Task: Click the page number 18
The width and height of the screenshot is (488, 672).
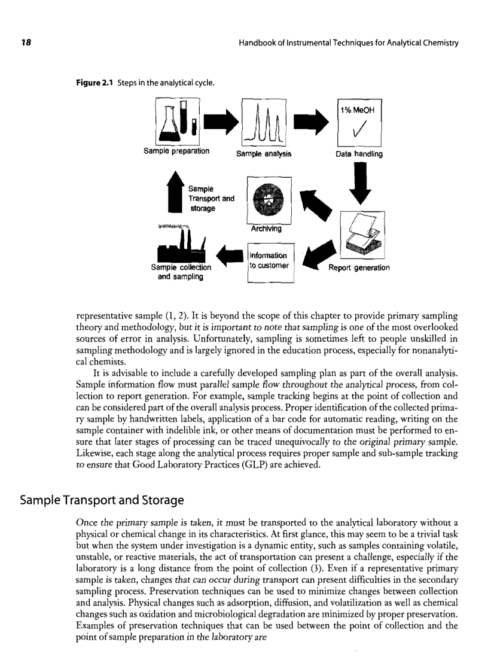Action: coord(26,43)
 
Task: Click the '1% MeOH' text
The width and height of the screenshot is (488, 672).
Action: coord(359,110)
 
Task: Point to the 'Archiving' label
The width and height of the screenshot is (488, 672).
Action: coord(268,228)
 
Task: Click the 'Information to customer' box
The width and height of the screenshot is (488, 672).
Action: coord(269,260)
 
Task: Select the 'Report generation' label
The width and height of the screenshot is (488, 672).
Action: coord(358,267)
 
